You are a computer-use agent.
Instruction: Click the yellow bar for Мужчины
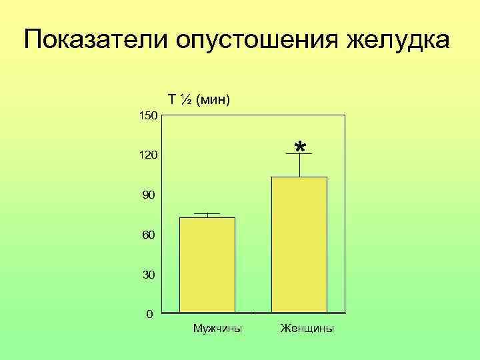pyautogui.click(x=207, y=265)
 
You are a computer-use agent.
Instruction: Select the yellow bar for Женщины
pyautogui.click(x=299, y=244)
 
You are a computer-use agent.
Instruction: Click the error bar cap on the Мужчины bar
pyautogui.click(x=207, y=214)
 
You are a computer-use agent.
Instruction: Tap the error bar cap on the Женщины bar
pyautogui.click(x=299, y=155)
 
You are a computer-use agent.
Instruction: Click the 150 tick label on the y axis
pyautogui.click(x=147, y=116)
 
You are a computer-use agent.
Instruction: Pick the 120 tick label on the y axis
pyautogui.click(x=147, y=155)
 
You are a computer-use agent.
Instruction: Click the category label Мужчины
pyautogui.click(x=217, y=329)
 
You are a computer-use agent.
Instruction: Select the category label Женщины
pyautogui.click(x=307, y=329)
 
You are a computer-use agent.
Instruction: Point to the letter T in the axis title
pyautogui.click(x=172, y=100)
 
